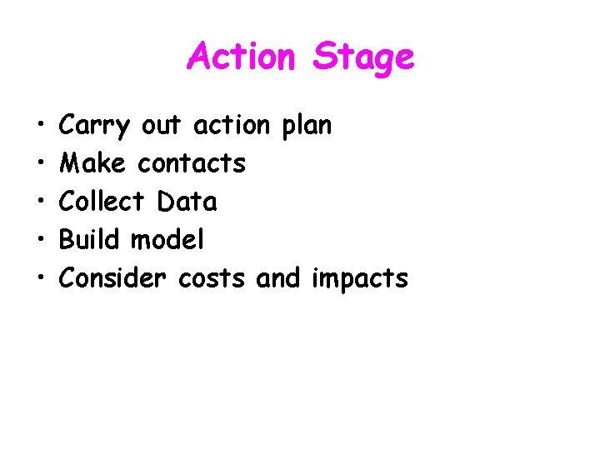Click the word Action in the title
pyautogui.click(x=241, y=57)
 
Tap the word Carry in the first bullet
pyautogui.click(x=95, y=127)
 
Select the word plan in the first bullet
pyautogui.click(x=306, y=127)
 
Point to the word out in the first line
pyautogui.click(x=161, y=126)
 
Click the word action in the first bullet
pyautogui.click(x=232, y=126)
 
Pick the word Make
pyautogui.click(x=92, y=163)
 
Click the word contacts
pyautogui.click(x=192, y=163)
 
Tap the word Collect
pyautogui.click(x=103, y=202)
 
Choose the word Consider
pyautogui.click(x=113, y=278)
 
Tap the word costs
pyautogui.click(x=212, y=278)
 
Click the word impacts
pyautogui.click(x=359, y=279)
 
